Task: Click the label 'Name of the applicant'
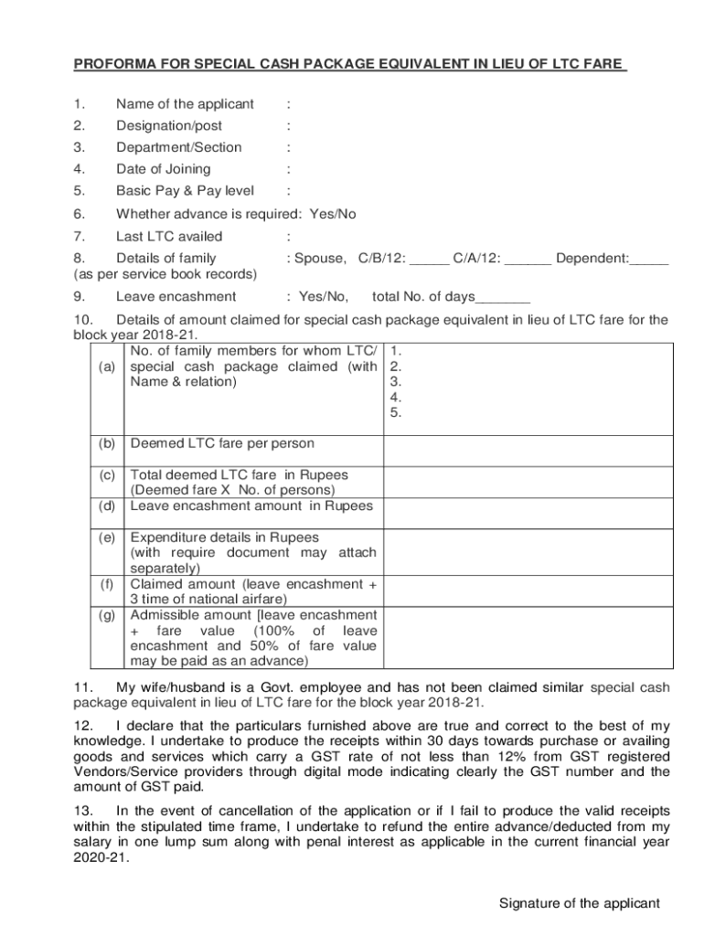coord(185,104)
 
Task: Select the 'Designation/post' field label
coord(169,126)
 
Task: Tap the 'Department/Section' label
coord(179,148)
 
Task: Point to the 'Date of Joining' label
coord(163,170)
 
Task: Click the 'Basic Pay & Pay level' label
coord(185,192)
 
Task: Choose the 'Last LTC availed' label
coord(169,237)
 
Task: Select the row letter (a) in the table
coord(108,367)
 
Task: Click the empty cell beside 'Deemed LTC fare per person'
coord(527,450)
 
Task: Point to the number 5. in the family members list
coord(396,413)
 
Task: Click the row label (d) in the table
coord(108,505)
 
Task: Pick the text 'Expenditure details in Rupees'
coord(225,538)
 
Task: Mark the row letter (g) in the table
coord(108,615)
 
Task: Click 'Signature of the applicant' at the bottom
coord(579,904)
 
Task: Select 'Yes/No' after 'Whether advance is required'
coord(333,215)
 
